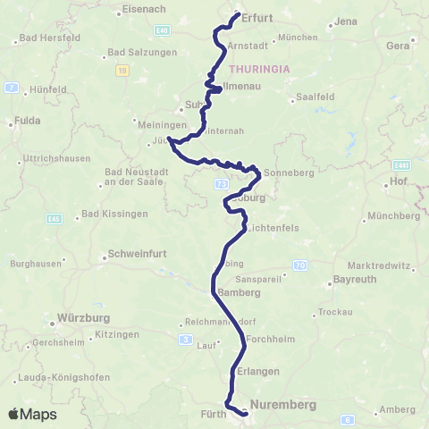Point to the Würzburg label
pos(83,317)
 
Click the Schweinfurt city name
pos(134,254)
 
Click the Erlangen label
pos(259,371)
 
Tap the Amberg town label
pos(398,409)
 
